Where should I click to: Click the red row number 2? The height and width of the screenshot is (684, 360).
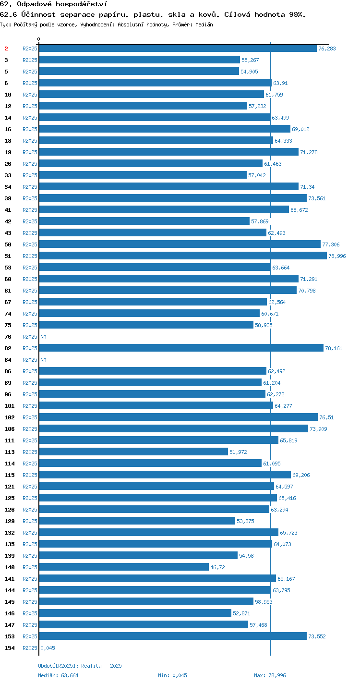pos(6,49)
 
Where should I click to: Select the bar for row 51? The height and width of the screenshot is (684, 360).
pos(183,256)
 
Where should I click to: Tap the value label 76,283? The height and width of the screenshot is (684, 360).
pos(327,49)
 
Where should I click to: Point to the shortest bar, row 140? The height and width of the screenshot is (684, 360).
pos(124,567)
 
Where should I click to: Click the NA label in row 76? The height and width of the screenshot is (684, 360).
pos(43,337)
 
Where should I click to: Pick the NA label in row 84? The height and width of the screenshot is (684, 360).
pos(43,360)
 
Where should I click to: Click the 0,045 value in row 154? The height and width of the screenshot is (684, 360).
pos(48,648)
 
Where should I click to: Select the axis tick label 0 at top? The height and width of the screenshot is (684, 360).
pos(39,39)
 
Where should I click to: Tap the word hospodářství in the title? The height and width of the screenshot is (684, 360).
pos(82,4)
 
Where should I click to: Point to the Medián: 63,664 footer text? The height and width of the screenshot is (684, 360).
pos(58,675)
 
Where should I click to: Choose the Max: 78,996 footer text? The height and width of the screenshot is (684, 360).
pos(270,675)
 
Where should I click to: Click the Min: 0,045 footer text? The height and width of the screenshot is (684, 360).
pos(172,675)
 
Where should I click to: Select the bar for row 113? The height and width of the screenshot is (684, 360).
pos(133,452)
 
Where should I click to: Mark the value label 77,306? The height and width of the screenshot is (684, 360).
pos(331,244)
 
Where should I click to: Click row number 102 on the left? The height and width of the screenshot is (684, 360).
pos(10,417)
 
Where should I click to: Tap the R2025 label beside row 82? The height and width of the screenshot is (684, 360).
pos(30,348)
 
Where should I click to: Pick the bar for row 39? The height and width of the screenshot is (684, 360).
pos(173,198)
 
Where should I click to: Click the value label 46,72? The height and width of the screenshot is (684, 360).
pos(217,567)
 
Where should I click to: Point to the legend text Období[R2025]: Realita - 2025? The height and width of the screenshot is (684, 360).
pos(80,666)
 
